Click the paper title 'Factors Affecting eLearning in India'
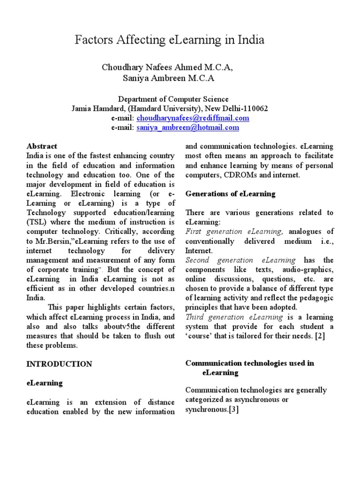tap(169, 41)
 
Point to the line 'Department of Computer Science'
tap(173, 99)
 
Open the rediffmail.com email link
tap(193, 118)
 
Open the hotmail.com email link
tap(187, 127)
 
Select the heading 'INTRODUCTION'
tap(59, 364)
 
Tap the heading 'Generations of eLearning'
tap(231, 194)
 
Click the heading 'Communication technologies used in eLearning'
tap(249, 368)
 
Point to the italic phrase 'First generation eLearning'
tap(234, 232)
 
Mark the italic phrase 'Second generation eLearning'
tap(241, 260)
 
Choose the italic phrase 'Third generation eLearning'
tap(237, 317)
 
